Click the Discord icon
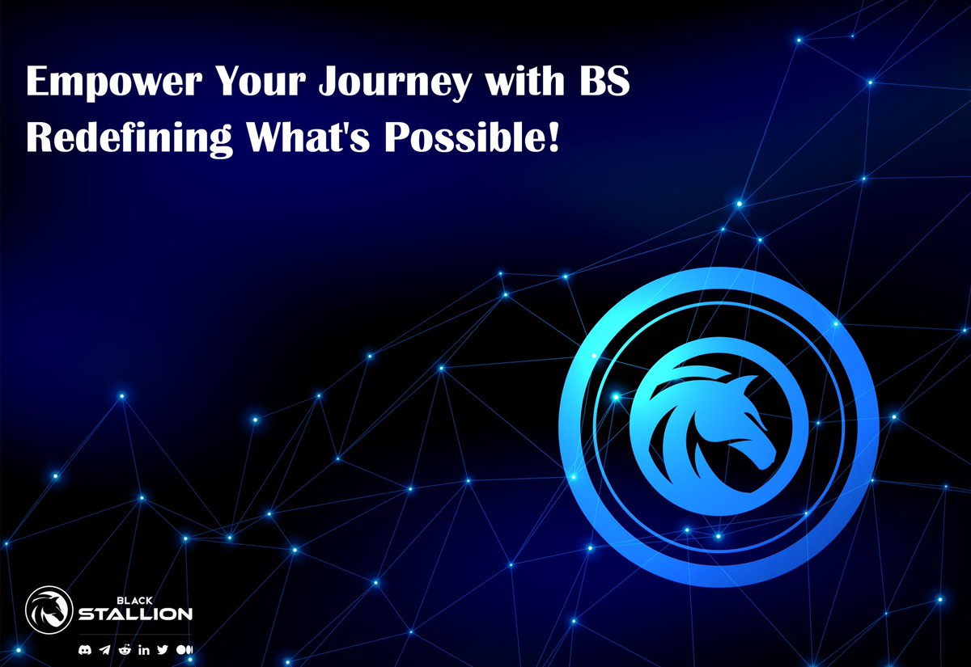pos(84,649)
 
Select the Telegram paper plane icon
pos(104,649)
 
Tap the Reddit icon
pos(124,649)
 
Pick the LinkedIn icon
pos(144,649)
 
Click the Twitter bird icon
pos(163,649)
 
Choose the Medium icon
pos(184,649)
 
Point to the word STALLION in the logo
pos(135,614)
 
